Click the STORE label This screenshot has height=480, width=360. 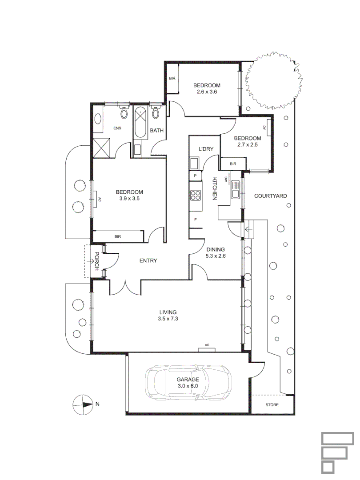(272, 405)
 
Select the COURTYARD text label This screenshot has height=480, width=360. (270, 196)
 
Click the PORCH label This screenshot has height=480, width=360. (96, 261)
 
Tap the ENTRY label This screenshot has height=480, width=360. (148, 261)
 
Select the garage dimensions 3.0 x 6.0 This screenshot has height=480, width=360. (187, 386)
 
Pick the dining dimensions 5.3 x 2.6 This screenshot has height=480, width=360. (215, 256)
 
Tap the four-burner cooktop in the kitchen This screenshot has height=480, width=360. (195, 195)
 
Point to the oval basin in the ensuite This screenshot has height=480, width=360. (98, 120)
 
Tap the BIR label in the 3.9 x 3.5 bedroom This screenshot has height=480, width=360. (117, 236)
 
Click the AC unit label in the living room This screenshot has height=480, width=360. (207, 345)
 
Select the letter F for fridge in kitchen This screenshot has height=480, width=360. (195, 220)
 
